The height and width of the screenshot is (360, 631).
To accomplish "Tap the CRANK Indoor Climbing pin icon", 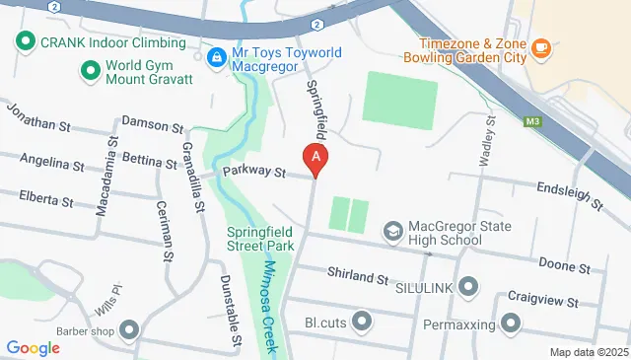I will [24, 43].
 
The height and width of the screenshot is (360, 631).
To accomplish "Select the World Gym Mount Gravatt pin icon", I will [91, 71].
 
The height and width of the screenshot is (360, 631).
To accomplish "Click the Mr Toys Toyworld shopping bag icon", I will [215, 57].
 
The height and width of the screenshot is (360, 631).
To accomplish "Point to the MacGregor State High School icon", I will [392, 230].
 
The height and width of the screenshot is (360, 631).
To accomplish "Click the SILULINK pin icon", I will [468, 287].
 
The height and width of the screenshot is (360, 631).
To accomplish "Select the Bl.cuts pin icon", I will [362, 322].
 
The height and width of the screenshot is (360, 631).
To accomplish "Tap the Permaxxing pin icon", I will [511, 323].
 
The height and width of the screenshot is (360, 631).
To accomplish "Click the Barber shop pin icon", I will [129, 330].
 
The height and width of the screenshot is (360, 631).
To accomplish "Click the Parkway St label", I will [253, 172].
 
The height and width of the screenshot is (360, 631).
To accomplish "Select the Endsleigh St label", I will [569, 195].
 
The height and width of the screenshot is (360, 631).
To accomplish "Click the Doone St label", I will [564, 266].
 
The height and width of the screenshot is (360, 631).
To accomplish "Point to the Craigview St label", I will [544, 297].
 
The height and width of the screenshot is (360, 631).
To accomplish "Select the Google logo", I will [33, 347].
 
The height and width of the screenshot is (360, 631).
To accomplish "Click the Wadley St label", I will [488, 142].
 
